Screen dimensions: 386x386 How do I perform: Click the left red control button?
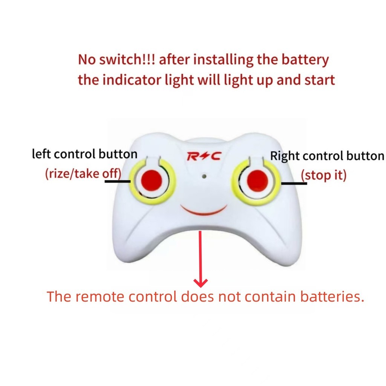point(152,181)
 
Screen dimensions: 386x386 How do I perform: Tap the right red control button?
point(257,181)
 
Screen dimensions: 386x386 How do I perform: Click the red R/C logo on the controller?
point(204,156)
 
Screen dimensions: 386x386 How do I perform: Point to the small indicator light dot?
point(204,176)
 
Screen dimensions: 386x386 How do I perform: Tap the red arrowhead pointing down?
point(201,283)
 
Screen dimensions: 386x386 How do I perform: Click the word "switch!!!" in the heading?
point(127,59)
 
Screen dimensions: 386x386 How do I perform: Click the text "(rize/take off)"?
point(83,173)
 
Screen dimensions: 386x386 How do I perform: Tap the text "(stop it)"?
point(323,175)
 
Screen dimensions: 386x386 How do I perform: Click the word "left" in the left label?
point(41,154)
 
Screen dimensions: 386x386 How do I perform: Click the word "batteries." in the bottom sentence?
point(332,296)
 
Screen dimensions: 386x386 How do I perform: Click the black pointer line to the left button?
point(118,181)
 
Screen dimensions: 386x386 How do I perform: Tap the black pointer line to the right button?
point(294,183)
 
